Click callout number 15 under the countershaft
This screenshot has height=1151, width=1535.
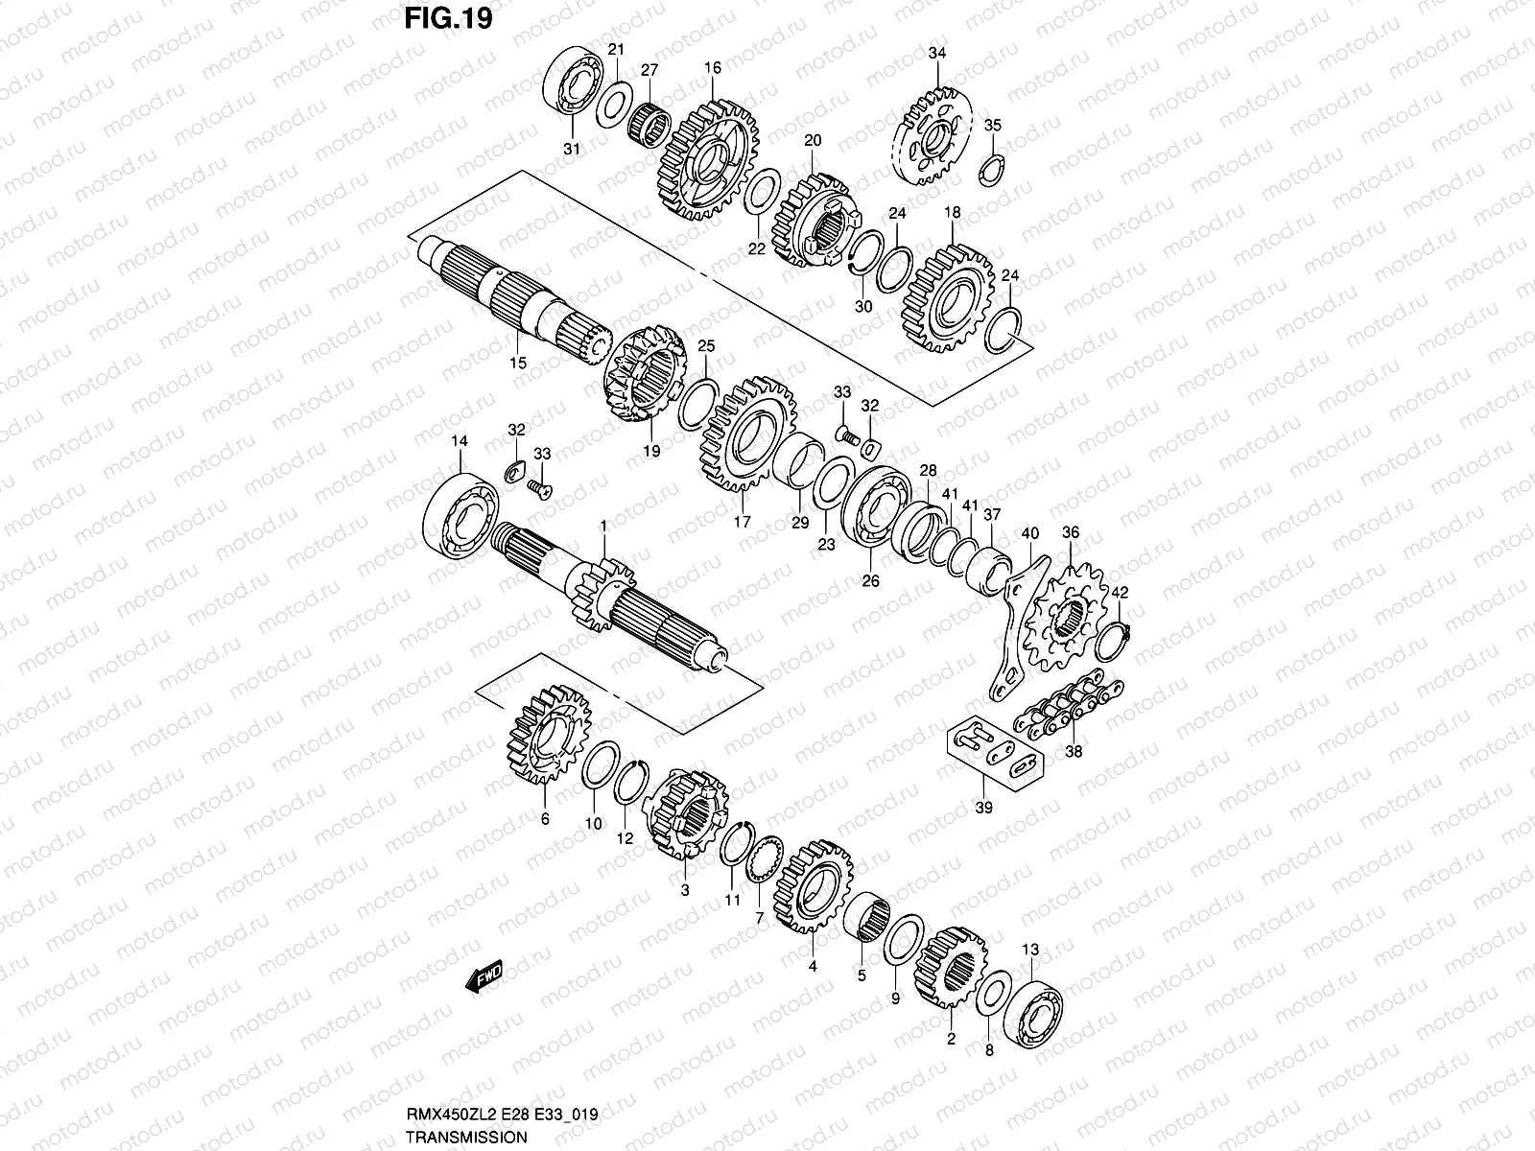[x=517, y=364]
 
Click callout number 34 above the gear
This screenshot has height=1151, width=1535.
[x=936, y=54]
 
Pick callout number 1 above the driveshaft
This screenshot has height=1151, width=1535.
[x=603, y=526]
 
